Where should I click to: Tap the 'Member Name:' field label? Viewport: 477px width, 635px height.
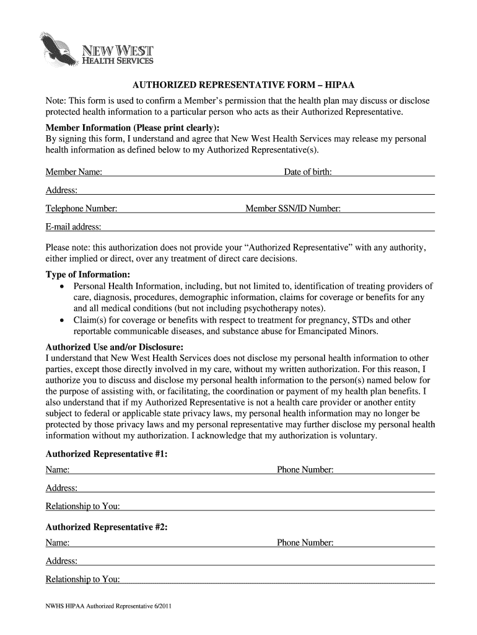(x=74, y=172)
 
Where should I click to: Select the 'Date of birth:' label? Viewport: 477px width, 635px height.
(x=308, y=172)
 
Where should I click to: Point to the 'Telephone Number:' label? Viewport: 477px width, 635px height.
(x=81, y=209)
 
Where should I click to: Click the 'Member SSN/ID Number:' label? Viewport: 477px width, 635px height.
(x=293, y=209)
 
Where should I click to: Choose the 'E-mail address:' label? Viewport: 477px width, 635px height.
(x=74, y=228)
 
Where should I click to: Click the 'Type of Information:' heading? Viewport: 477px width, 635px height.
(x=88, y=274)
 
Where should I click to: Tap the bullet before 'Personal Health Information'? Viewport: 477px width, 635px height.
(x=62, y=286)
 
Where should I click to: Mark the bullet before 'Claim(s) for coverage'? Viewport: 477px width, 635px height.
(x=62, y=321)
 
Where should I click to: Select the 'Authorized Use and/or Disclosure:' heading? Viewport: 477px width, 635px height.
(x=115, y=347)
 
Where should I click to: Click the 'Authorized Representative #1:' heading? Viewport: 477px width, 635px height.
(x=107, y=454)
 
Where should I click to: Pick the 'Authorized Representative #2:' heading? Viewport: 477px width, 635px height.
(x=107, y=527)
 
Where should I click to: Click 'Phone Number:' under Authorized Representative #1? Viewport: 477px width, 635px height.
(x=305, y=470)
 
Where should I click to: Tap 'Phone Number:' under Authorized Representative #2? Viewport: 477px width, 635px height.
(x=305, y=543)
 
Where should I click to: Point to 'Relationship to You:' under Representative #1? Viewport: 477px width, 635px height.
(x=83, y=507)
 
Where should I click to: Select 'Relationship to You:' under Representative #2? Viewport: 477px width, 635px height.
(x=83, y=580)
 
